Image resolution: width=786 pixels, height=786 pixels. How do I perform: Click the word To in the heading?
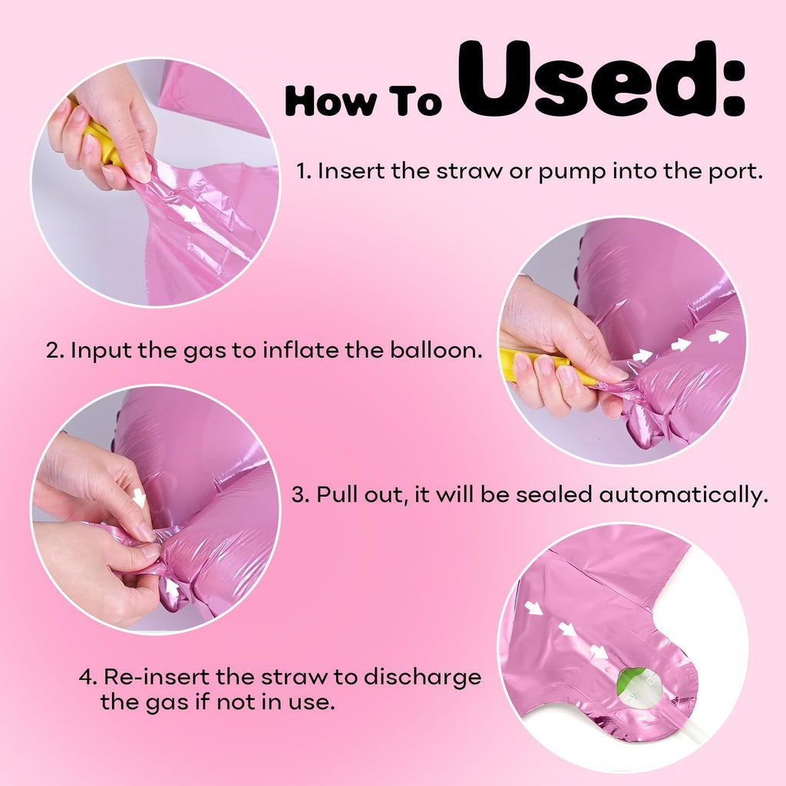[414, 101]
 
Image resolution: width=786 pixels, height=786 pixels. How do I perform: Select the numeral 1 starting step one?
[302, 171]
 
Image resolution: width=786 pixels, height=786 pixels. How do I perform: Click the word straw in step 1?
[469, 171]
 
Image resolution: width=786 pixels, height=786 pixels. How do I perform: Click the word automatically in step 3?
[683, 495]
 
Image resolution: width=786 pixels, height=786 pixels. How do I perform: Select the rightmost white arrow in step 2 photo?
[718, 336]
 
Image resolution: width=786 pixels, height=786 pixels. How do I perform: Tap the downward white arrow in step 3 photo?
[139, 498]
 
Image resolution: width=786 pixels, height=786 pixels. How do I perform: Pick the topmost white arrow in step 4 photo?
[533, 608]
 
